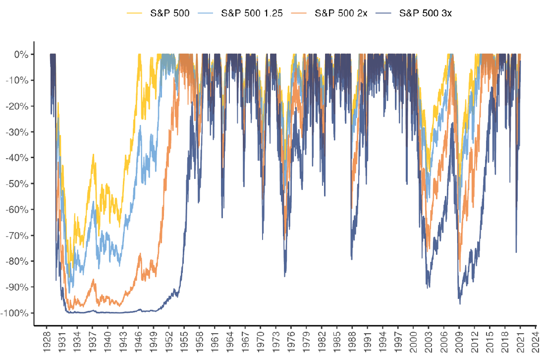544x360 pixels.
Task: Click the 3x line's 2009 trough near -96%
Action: tap(460, 304)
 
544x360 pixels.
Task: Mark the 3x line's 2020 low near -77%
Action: tap(516, 252)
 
